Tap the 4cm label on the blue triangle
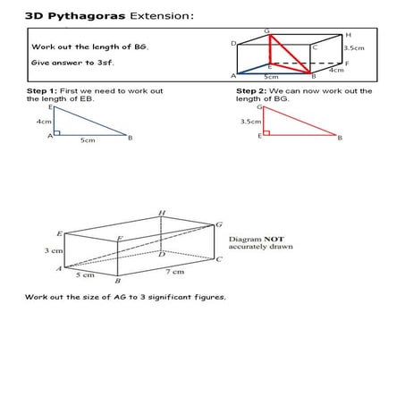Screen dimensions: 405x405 tap(43, 121)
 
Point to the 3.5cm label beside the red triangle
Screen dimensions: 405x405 tap(250, 121)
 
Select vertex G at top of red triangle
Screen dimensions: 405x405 tap(260, 106)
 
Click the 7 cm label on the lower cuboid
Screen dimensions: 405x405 tap(177, 270)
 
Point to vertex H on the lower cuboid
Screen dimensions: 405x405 tap(161, 214)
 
